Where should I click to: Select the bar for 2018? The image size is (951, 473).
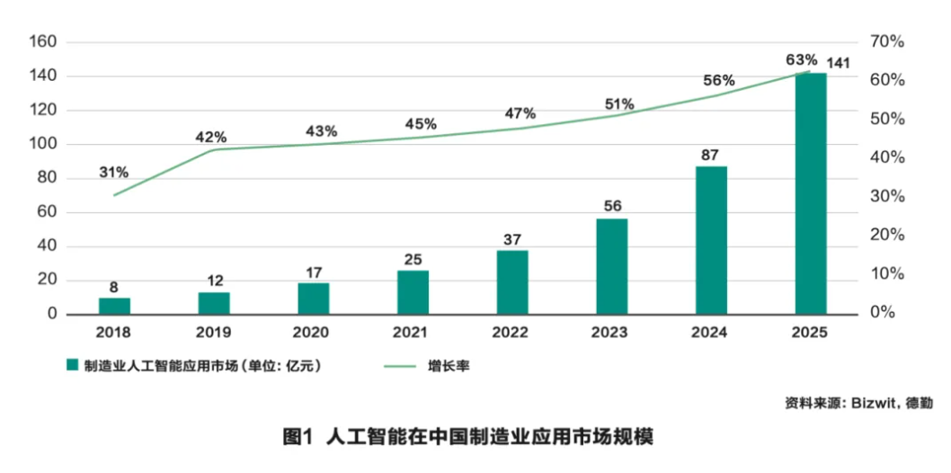tap(114, 306)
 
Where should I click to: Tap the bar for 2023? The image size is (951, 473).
tap(612, 266)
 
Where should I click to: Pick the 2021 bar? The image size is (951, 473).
tap(413, 292)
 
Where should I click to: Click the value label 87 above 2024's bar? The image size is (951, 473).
tap(711, 154)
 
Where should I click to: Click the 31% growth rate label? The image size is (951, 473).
tap(114, 172)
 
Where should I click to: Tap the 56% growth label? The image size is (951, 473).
tap(719, 80)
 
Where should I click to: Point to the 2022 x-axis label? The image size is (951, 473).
tap(512, 332)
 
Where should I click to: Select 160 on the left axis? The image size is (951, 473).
tap(43, 42)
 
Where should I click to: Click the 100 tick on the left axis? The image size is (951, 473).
tap(43, 145)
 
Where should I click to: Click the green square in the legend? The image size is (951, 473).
tap(71, 366)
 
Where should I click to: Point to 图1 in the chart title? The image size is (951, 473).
tap(297, 438)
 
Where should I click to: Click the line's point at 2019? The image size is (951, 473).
tap(214, 149)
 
